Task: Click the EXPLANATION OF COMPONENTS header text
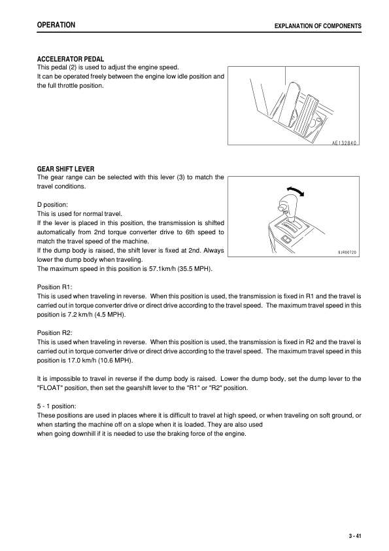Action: point(318,26)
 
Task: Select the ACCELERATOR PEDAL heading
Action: point(71,59)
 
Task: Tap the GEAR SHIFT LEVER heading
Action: point(66,168)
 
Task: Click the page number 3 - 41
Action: point(356,536)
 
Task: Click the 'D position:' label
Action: point(57,205)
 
